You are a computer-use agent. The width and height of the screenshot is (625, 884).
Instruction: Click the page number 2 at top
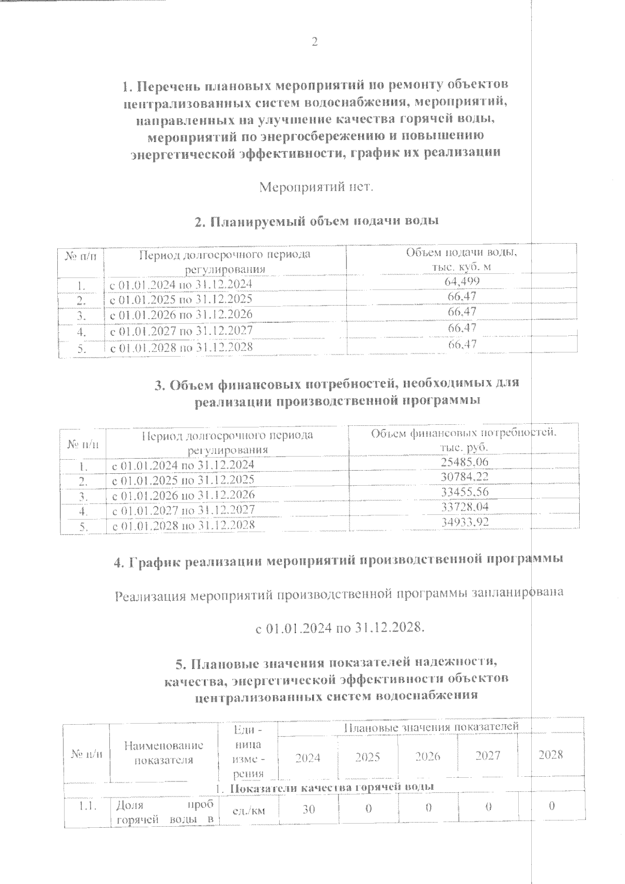point(314,42)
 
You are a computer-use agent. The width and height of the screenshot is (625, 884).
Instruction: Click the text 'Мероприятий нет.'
point(317,186)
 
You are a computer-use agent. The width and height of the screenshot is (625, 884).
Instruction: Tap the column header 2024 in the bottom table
point(308,756)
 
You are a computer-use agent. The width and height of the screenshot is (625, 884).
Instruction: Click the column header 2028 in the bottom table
point(551,754)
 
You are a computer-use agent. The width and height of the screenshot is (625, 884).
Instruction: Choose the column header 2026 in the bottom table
point(428,756)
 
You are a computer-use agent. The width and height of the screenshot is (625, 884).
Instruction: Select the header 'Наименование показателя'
point(164,752)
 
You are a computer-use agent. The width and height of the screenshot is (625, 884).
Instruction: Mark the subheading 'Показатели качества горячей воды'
point(331,787)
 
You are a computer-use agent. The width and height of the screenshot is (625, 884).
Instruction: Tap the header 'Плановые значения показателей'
point(431,726)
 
